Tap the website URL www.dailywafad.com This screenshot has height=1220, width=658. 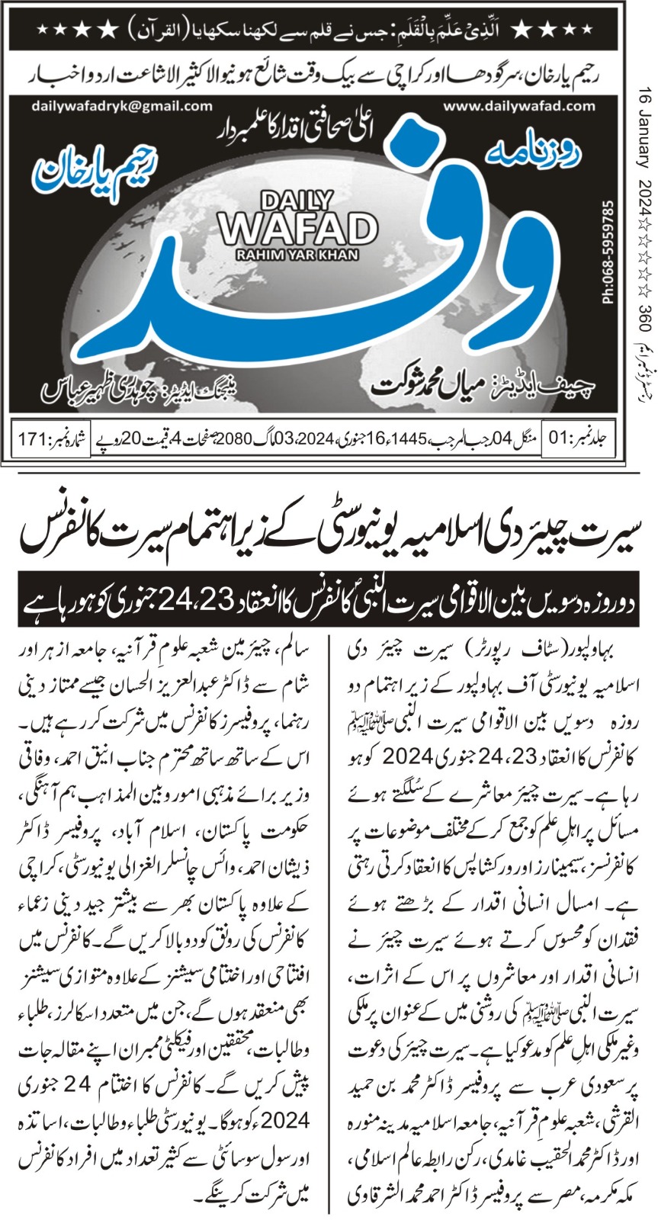tap(518, 106)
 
